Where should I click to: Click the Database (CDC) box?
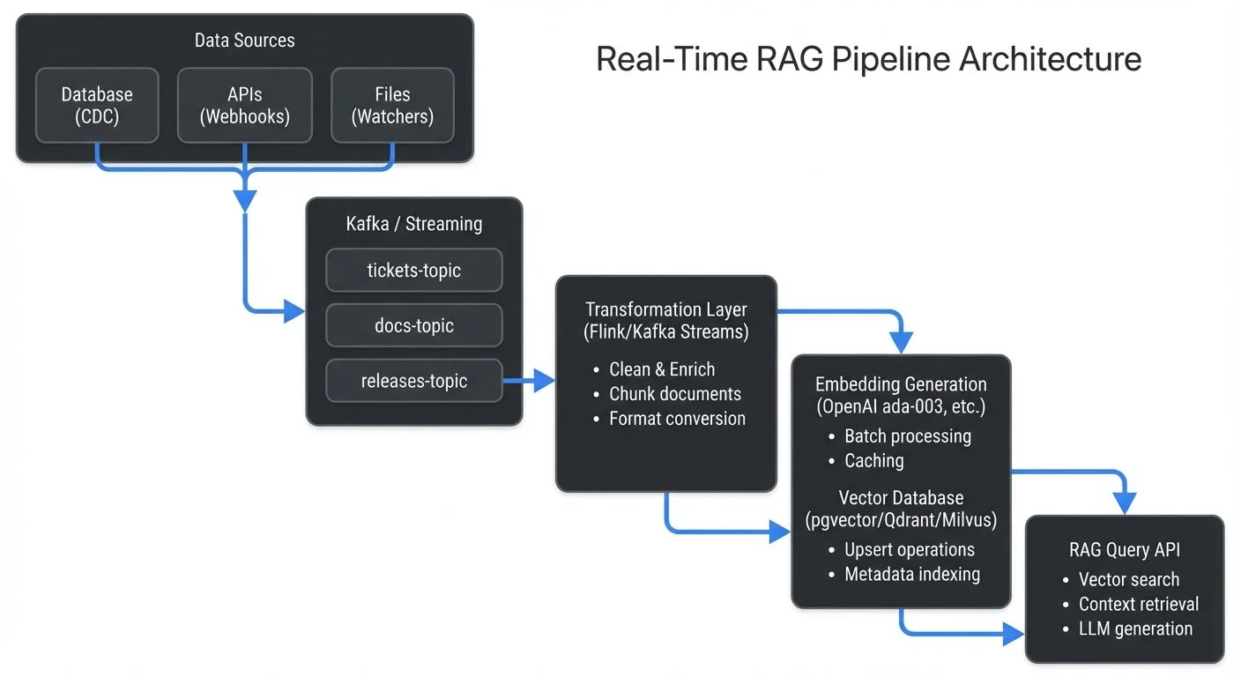coord(97,106)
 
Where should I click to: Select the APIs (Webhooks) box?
coord(245,106)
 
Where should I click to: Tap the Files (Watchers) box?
coord(392,106)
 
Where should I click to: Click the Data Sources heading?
coord(244,41)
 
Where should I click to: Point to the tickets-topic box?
coord(413,271)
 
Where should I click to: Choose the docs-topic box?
coord(413,325)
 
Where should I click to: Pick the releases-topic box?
coord(413,381)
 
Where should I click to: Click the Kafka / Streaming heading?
coord(413,224)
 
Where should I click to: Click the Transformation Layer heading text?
coord(665,310)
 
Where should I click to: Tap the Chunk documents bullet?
coord(675,394)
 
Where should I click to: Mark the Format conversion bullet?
coord(677,419)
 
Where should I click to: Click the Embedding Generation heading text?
coord(901,384)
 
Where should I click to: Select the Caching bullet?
coord(873,460)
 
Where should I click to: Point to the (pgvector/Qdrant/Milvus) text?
coord(901,520)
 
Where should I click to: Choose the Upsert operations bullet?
coord(909,549)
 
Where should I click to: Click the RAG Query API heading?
coord(1125,550)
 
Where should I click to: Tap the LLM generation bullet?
coord(1135,629)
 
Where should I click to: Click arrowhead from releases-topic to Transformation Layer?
coord(545,381)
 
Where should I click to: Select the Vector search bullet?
coord(1128,579)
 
